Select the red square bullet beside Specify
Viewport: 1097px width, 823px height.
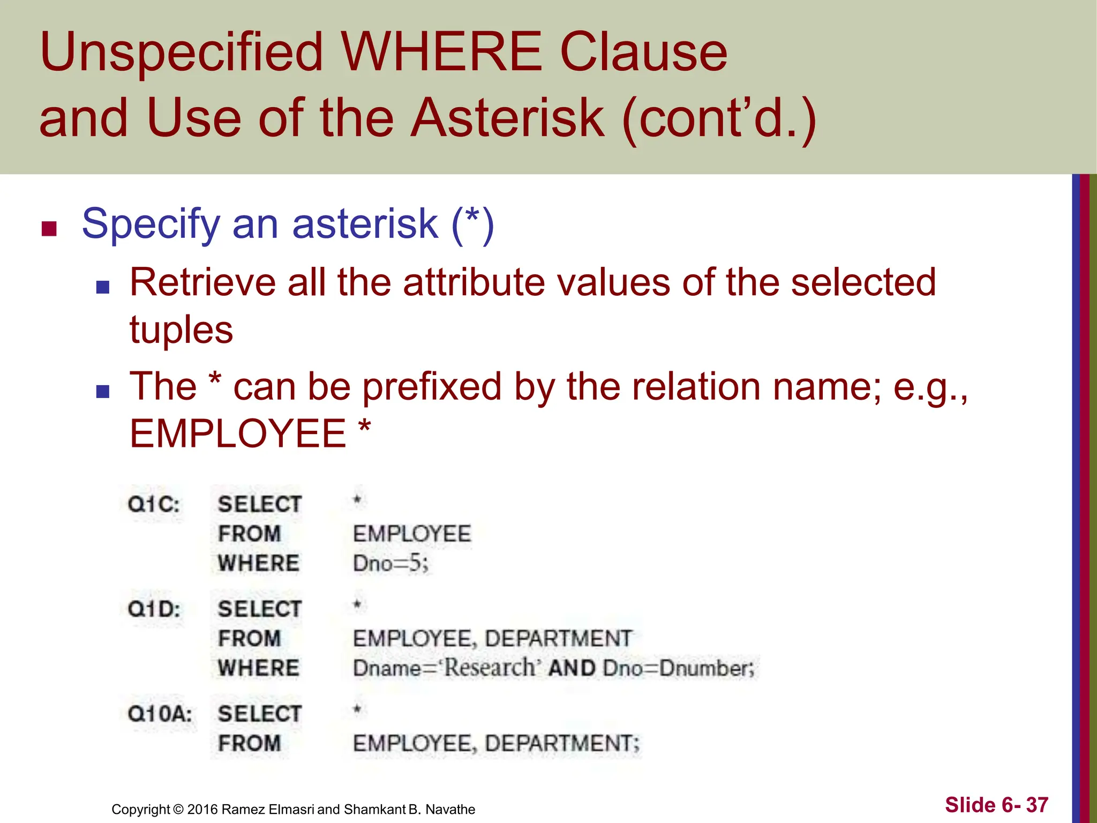[x=49, y=229]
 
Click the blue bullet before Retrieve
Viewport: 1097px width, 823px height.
[x=102, y=287]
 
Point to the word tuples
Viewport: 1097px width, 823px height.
[x=181, y=330]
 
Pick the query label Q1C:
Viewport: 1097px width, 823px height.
[x=154, y=504]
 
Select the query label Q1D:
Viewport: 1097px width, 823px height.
[x=154, y=609]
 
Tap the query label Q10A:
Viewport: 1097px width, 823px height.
[x=160, y=714]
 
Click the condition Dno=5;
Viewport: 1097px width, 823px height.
[x=390, y=564]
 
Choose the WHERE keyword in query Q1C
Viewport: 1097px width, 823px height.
[x=259, y=564]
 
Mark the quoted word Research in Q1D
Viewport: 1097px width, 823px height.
[x=489, y=668]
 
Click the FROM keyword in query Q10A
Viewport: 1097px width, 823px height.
[x=250, y=744]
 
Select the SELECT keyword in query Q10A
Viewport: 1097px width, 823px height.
[x=260, y=714]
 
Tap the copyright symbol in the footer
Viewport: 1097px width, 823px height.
[x=178, y=809]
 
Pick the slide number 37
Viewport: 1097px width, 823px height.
[x=1037, y=805]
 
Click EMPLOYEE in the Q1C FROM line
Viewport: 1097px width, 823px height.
[x=412, y=534]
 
